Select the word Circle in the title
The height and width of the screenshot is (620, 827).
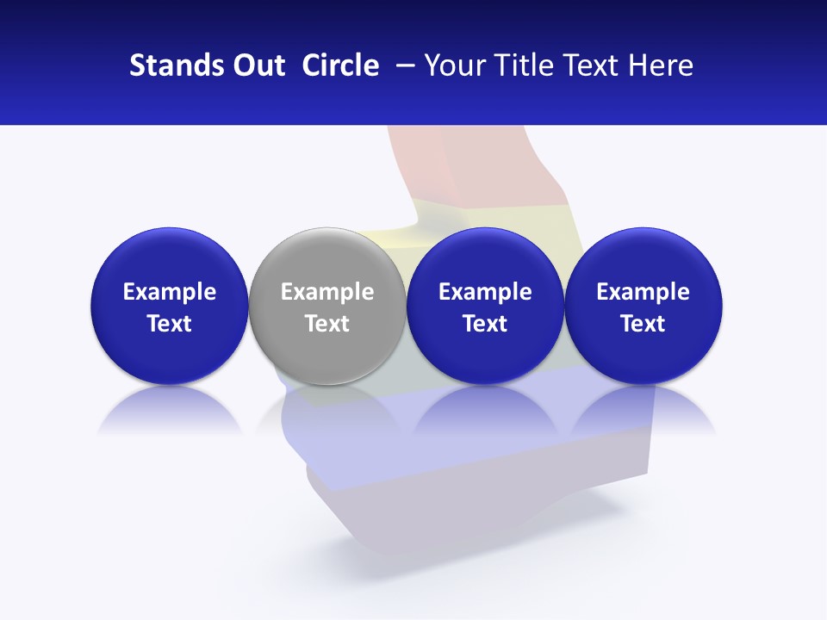point(340,65)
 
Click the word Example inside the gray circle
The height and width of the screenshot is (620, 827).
point(327,292)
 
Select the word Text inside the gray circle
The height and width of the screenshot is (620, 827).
point(327,324)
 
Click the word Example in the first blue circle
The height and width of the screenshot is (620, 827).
point(170,292)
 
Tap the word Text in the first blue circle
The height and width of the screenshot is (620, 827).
point(170,324)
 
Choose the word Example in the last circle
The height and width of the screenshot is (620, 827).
point(643,292)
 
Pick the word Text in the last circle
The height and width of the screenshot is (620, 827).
point(643,324)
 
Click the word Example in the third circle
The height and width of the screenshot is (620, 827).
point(485,292)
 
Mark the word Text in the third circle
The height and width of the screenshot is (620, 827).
point(485,324)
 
